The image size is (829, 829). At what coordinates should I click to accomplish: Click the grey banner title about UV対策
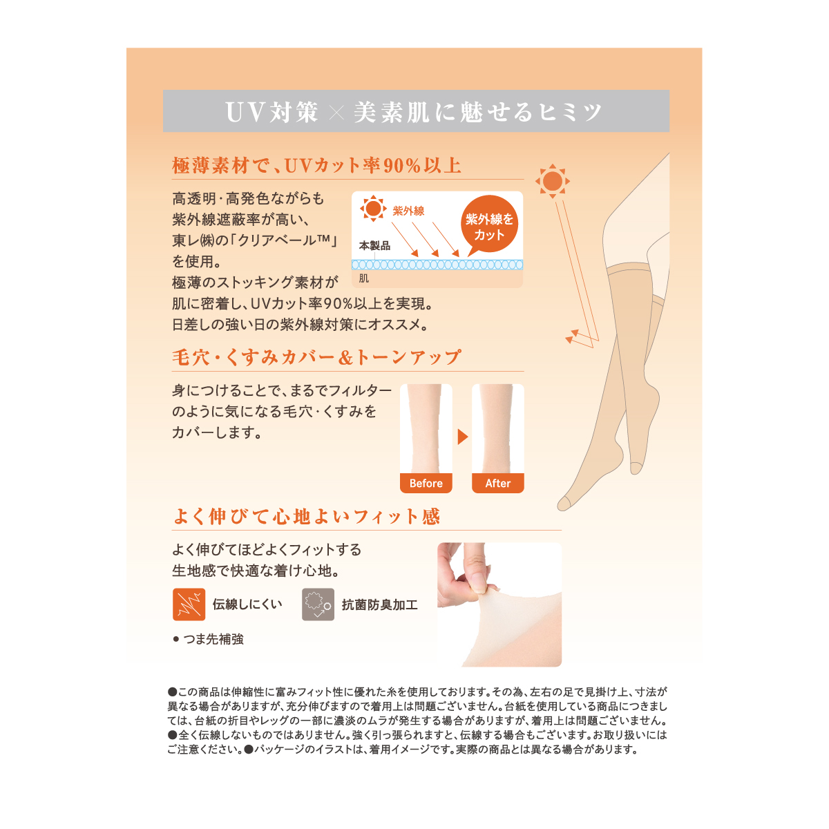click(413, 111)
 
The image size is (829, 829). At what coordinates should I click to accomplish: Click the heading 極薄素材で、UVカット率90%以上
click(316, 166)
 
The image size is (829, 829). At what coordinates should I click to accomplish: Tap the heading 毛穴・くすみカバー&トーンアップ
click(316, 357)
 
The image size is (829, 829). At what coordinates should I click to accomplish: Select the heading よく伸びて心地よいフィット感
click(306, 517)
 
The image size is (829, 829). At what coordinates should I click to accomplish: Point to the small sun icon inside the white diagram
click(373, 209)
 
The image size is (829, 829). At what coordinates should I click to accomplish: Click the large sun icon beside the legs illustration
click(553, 181)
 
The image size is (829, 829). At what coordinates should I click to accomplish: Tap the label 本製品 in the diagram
click(374, 246)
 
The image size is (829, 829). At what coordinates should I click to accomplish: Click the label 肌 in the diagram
click(364, 278)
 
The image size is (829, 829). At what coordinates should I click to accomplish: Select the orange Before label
click(426, 483)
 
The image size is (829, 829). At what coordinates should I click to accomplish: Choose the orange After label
click(497, 483)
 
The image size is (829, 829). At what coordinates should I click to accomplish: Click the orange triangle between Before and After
click(462, 437)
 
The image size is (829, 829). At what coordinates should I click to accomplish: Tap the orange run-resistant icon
click(189, 604)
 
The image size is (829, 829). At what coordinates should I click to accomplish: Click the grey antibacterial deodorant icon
click(318, 604)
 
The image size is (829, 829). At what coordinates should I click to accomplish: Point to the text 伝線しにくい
click(247, 604)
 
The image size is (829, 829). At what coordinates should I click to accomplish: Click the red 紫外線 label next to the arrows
click(408, 211)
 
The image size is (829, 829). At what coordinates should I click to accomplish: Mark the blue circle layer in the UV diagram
click(437, 265)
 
